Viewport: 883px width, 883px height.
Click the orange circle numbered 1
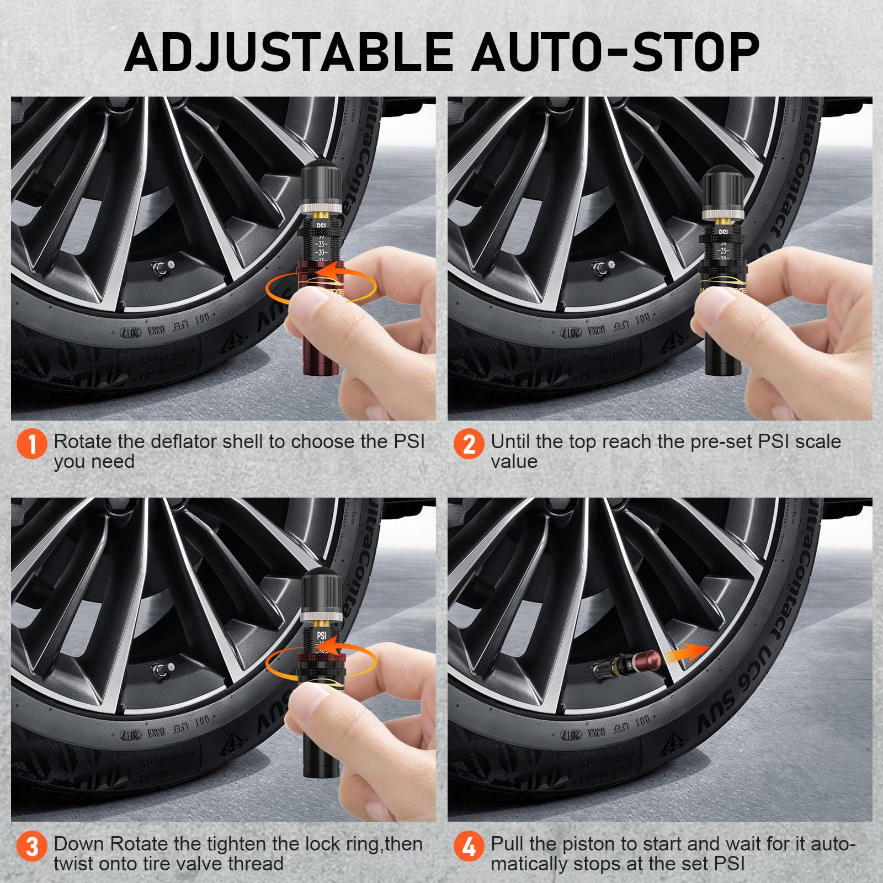32,444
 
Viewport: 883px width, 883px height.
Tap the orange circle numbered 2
469,444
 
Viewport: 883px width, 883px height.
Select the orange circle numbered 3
32,846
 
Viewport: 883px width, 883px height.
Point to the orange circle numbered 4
469,846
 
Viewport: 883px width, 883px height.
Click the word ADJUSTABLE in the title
287,52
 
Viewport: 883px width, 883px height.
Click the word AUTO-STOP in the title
615,52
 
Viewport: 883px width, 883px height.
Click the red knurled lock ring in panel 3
321,657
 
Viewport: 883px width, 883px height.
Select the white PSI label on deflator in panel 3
321,636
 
